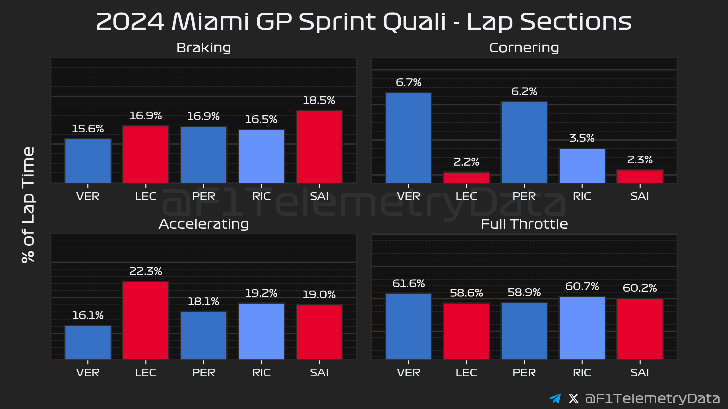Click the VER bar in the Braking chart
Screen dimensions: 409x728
[x=88, y=161]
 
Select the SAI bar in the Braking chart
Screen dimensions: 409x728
[x=319, y=147]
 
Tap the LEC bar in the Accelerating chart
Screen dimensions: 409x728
[x=146, y=320]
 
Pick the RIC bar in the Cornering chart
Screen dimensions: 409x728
[x=582, y=166]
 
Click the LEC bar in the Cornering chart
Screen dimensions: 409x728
[x=466, y=178]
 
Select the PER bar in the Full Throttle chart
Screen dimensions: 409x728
[x=524, y=331]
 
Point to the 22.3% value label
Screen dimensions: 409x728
[x=146, y=271]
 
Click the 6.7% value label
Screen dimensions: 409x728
[x=409, y=83]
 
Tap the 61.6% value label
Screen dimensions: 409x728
[x=409, y=283]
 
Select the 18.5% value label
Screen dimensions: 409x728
[x=319, y=100]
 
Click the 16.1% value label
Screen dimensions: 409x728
[x=88, y=315]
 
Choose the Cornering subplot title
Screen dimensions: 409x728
[x=524, y=48]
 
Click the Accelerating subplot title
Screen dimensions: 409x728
[x=204, y=224]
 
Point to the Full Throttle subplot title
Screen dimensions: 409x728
[x=524, y=224]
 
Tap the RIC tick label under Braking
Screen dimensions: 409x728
[x=262, y=196]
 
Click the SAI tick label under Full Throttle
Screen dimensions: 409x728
[x=640, y=373]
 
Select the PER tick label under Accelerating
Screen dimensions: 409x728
[x=204, y=373]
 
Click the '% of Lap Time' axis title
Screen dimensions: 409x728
[x=28, y=204]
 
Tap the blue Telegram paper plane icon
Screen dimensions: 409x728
[x=555, y=398]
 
